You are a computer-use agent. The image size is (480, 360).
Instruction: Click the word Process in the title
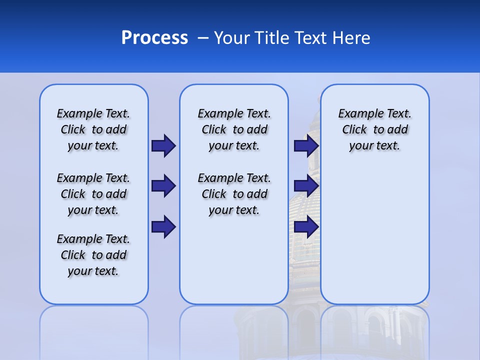(154, 38)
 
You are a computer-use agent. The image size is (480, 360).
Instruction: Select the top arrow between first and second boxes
(163, 145)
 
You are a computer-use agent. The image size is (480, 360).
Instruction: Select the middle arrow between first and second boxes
(163, 186)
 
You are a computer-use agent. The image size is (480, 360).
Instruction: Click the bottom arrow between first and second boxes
(163, 226)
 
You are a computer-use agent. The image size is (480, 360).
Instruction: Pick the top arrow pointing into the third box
(306, 145)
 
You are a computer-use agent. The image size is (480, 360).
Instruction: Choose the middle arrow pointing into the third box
(306, 186)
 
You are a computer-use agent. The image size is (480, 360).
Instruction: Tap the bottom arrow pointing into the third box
(306, 226)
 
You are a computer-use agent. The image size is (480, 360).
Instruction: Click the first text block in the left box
(93, 129)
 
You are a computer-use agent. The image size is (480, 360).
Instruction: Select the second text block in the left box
(93, 194)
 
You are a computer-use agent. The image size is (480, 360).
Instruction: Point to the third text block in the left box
(93, 255)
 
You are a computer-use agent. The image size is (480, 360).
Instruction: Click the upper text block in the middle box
(234, 129)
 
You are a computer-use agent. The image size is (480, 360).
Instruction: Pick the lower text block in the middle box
(234, 194)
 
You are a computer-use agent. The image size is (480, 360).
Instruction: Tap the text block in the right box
(374, 129)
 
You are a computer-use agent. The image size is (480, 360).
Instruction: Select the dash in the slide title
(203, 38)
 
